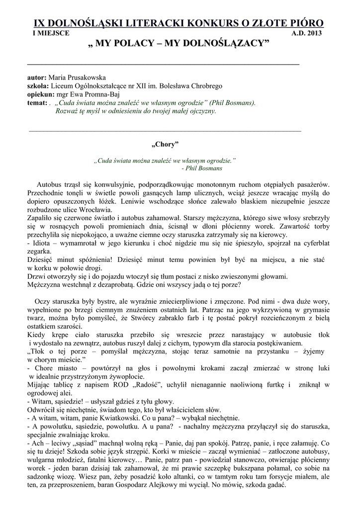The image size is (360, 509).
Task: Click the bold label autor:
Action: [x=37, y=78]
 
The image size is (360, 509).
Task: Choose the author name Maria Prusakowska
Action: [x=77, y=78]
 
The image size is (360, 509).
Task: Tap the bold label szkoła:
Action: [x=38, y=86]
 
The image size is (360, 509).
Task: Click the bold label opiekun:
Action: [x=41, y=94]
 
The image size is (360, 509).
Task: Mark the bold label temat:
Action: [x=37, y=102]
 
